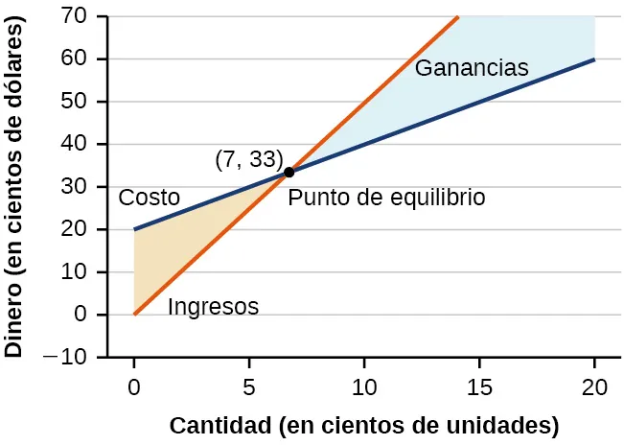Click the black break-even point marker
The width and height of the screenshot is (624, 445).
(289, 173)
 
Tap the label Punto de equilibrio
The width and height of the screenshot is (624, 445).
(386, 198)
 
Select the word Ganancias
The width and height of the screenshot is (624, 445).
(472, 69)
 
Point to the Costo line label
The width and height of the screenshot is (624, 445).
(149, 199)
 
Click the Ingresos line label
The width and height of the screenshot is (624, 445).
(213, 308)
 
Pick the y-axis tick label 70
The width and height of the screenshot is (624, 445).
(80, 16)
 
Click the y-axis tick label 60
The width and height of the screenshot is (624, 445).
(80, 59)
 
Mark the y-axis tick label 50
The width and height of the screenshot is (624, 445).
(80, 102)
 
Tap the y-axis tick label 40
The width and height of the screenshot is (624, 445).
(80, 144)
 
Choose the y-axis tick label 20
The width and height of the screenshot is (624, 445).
(80, 229)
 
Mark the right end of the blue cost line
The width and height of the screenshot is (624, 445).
(594, 59)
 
